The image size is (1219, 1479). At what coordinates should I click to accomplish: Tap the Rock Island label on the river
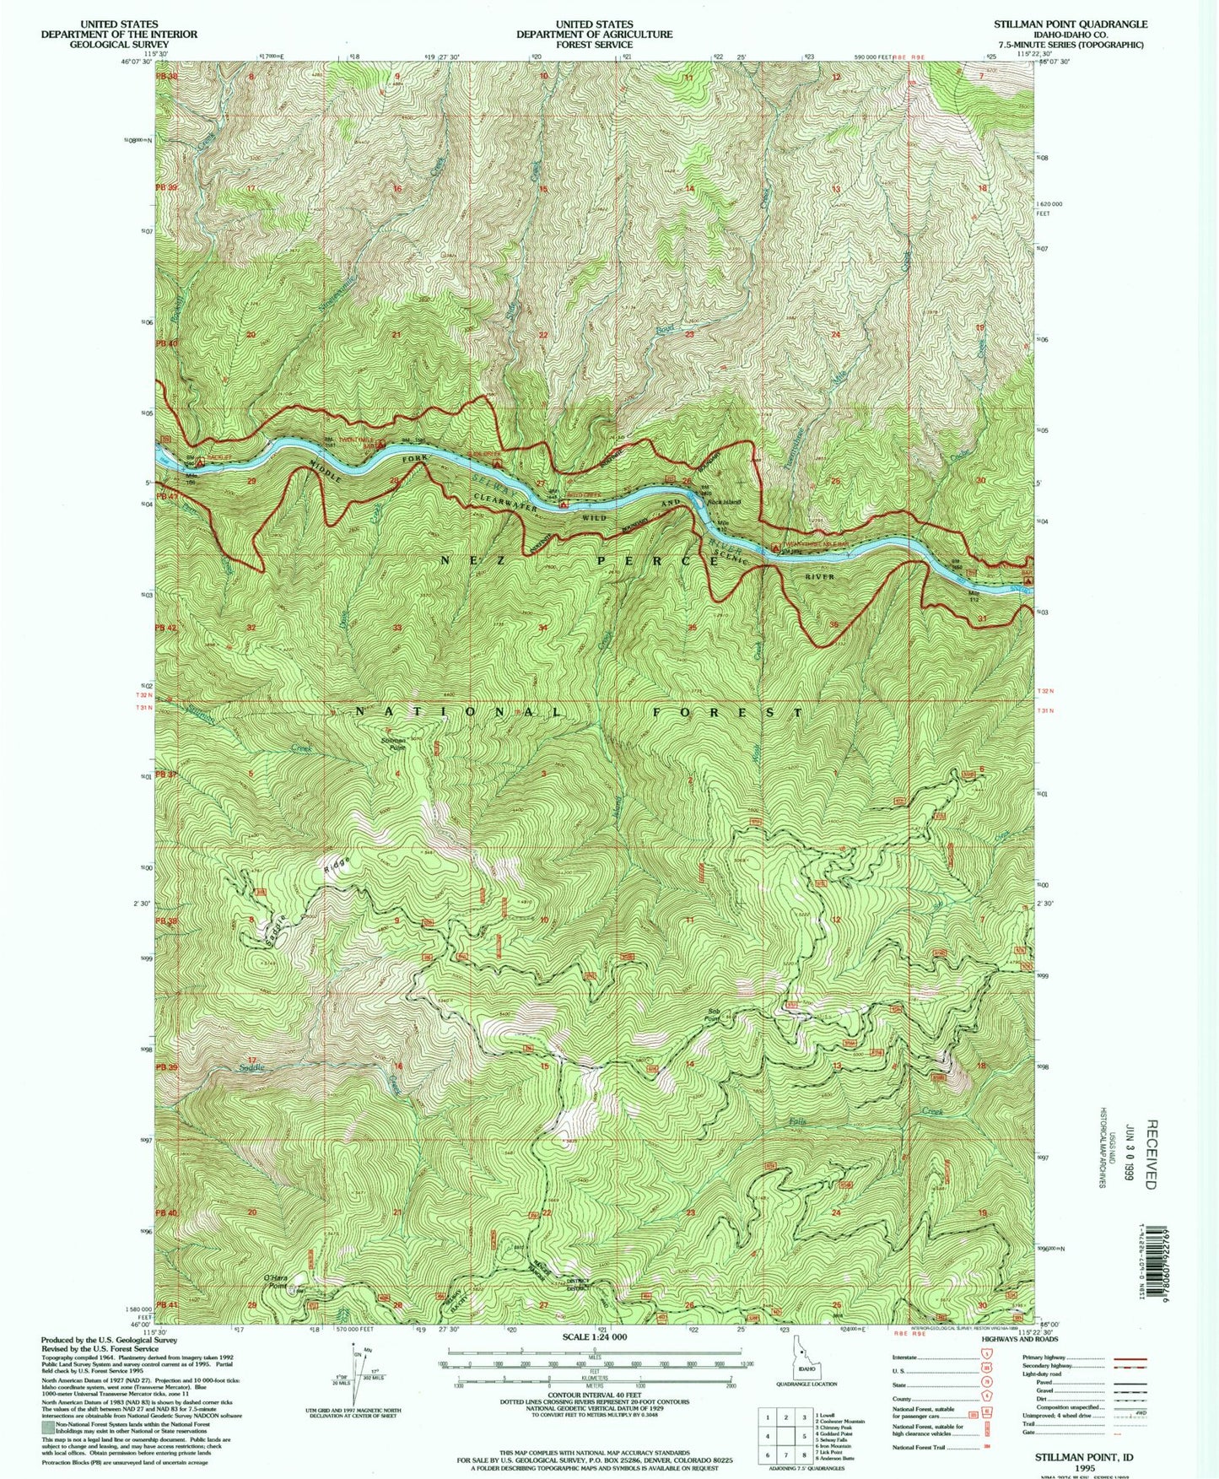724,503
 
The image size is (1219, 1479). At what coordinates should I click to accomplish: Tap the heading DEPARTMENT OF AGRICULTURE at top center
595,35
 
